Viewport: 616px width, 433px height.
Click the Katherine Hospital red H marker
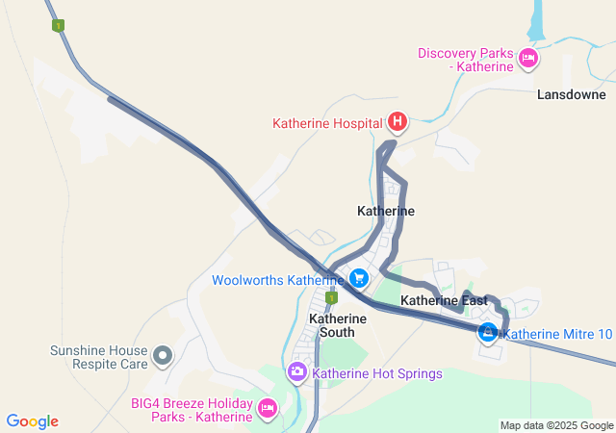tap(397, 122)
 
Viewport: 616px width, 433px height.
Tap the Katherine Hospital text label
tap(328, 123)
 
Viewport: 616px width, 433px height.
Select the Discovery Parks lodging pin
tap(527, 60)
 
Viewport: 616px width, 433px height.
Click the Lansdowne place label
tap(572, 95)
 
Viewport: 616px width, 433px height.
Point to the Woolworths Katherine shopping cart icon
tap(358, 279)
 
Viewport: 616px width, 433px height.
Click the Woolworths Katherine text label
tap(278, 280)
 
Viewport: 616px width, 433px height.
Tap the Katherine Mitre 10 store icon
tap(488, 333)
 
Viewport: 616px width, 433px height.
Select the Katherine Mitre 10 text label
tap(558, 335)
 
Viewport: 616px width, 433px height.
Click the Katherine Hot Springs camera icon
tap(298, 371)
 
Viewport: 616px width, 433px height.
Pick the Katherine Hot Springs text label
tap(377, 373)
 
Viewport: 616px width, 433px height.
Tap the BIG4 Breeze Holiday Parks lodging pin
tap(268, 410)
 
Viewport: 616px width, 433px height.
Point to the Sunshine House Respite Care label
tap(99, 357)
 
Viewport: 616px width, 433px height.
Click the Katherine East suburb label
tap(444, 301)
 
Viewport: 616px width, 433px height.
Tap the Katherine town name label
tap(386, 211)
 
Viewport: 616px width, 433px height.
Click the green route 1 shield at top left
tap(59, 26)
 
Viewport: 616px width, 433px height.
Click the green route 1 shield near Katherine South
tap(328, 298)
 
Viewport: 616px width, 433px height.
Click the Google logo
tap(32, 421)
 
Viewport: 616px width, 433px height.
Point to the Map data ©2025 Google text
tap(556, 425)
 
